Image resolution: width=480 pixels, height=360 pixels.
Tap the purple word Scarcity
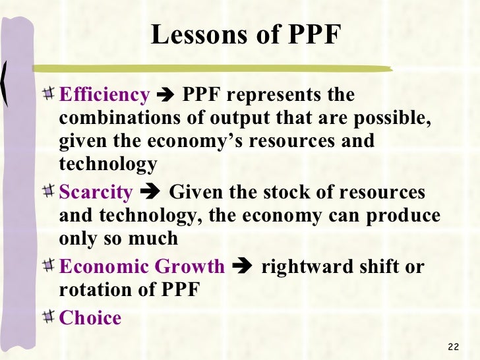[x=96, y=193]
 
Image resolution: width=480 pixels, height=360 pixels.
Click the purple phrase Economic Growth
[x=142, y=267]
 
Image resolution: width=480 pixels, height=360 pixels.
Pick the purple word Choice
[x=90, y=318]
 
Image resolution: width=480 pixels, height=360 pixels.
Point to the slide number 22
[x=452, y=347]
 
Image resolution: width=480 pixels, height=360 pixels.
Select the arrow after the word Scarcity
[x=151, y=193]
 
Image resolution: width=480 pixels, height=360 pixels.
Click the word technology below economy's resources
[x=108, y=164]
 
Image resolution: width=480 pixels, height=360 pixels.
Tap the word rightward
[x=303, y=267]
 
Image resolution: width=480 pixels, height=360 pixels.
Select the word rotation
[x=93, y=289]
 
